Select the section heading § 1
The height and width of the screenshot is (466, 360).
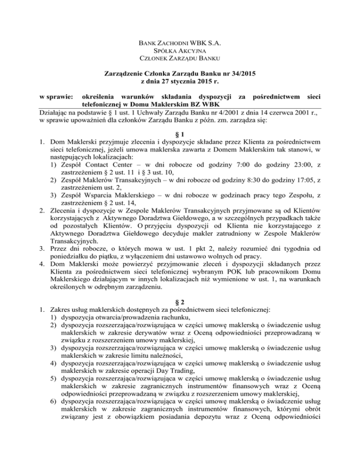click(x=180, y=131)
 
